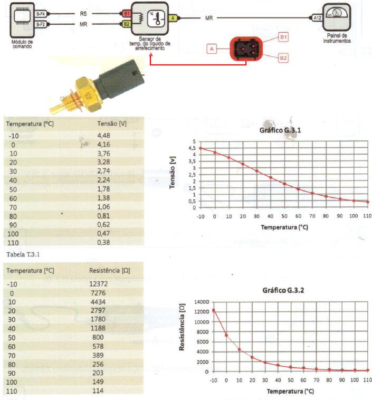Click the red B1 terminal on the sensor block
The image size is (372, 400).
click(127, 14)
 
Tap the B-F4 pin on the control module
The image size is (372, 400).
click(41, 14)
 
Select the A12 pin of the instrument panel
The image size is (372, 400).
click(318, 18)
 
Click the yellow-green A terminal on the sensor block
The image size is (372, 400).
click(173, 18)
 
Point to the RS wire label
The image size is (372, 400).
click(83, 14)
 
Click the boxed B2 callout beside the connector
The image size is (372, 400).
click(283, 58)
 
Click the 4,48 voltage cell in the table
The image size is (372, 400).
click(103, 136)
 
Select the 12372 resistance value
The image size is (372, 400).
click(99, 284)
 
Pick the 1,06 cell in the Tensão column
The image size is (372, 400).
click(103, 207)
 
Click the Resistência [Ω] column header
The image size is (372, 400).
click(109, 271)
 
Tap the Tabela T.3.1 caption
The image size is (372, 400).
click(23, 254)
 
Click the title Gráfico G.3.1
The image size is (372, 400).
click(280, 130)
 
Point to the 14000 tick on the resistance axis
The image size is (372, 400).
click(202, 302)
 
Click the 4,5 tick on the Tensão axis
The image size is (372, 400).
click(192, 148)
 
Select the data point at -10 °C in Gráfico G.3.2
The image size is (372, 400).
click(214, 310)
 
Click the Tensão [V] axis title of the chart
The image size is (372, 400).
click(173, 173)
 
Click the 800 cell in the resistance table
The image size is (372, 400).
click(98, 337)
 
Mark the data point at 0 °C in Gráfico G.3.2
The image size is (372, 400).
click(226, 335)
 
